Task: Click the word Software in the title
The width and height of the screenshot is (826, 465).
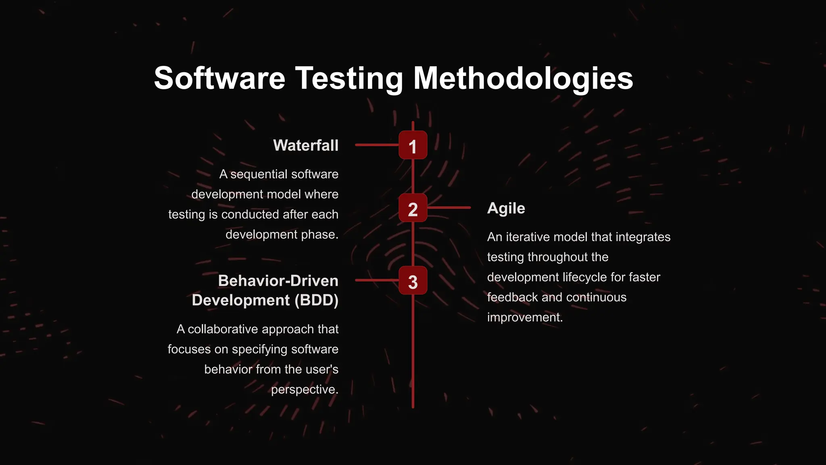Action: (219, 78)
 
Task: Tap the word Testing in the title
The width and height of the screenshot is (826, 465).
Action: (349, 78)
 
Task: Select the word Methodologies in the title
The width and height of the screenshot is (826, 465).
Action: (523, 78)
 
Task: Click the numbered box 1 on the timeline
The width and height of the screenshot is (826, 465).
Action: (413, 145)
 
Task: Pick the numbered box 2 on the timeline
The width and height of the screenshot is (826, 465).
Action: (413, 208)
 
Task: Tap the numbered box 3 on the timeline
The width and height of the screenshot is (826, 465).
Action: (413, 281)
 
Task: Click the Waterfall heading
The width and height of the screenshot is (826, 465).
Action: (306, 145)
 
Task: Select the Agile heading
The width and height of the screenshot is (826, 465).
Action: (506, 208)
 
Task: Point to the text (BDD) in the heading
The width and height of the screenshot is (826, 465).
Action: (316, 300)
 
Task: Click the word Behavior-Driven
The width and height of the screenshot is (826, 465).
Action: (278, 281)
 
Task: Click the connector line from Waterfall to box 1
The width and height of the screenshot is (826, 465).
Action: (377, 145)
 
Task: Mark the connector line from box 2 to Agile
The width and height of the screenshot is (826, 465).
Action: (449, 207)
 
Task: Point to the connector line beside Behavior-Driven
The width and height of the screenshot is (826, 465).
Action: (377, 280)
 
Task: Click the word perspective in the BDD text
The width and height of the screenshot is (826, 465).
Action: (304, 390)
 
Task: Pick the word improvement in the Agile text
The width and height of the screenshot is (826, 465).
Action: (524, 318)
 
